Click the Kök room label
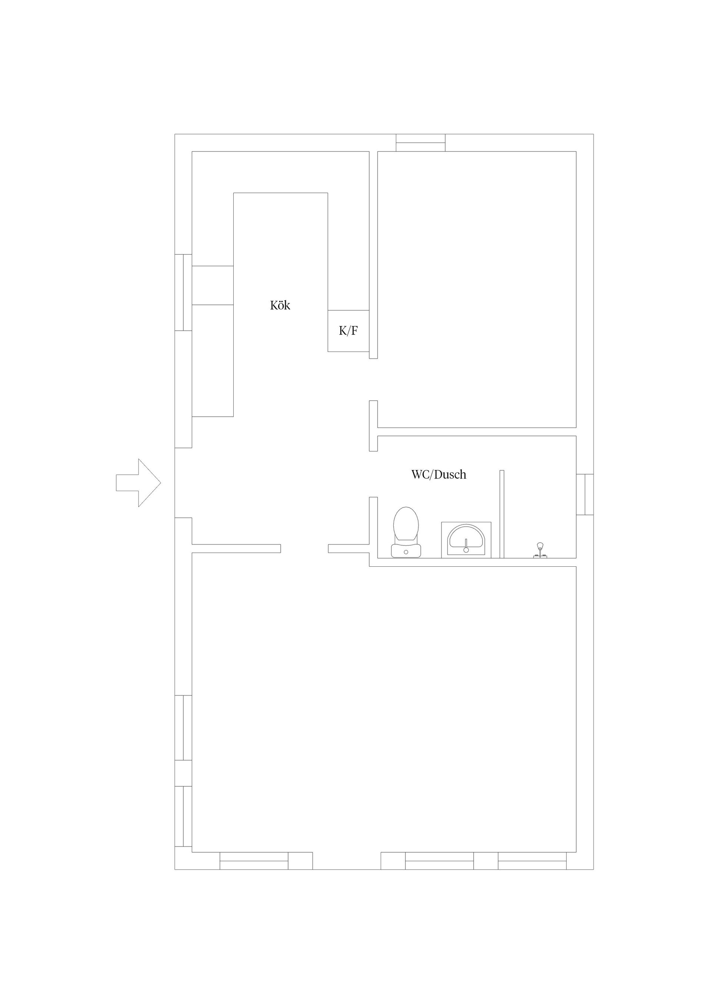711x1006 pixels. click(x=280, y=305)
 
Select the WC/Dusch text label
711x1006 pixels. click(x=438, y=474)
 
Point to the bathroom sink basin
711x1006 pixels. click(x=466, y=540)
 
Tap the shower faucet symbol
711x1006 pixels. click(x=540, y=550)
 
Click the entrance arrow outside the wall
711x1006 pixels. click(x=138, y=483)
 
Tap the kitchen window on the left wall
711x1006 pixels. click(x=184, y=292)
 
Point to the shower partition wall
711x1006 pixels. click(x=502, y=514)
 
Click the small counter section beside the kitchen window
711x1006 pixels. click(x=213, y=285)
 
